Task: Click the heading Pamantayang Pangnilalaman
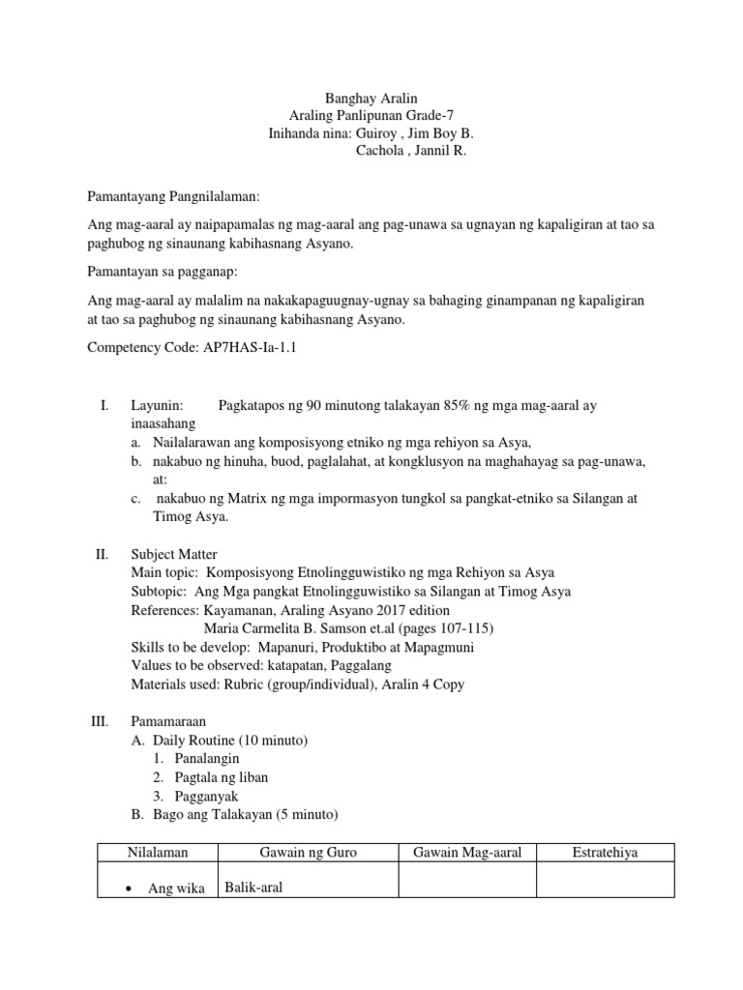(x=174, y=196)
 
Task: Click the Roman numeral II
(x=101, y=554)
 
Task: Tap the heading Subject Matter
(x=174, y=554)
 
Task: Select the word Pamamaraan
(x=168, y=721)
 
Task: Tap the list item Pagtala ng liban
(x=222, y=777)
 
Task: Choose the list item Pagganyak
(x=206, y=796)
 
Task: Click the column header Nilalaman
(x=158, y=852)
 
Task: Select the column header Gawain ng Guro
(x=309, y=852)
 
